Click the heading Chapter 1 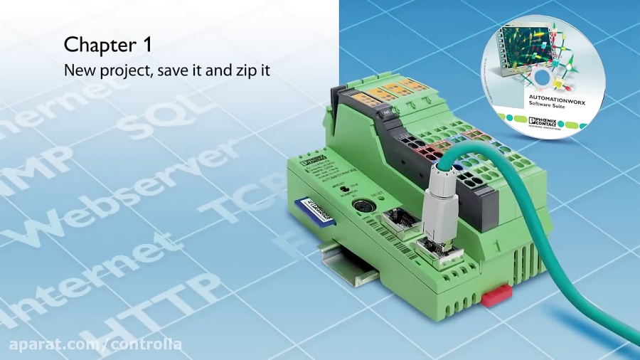coord(107,44)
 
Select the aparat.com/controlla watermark coord(95,345)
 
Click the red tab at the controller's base coord(496,295)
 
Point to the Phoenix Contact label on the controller coord(314,162)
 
